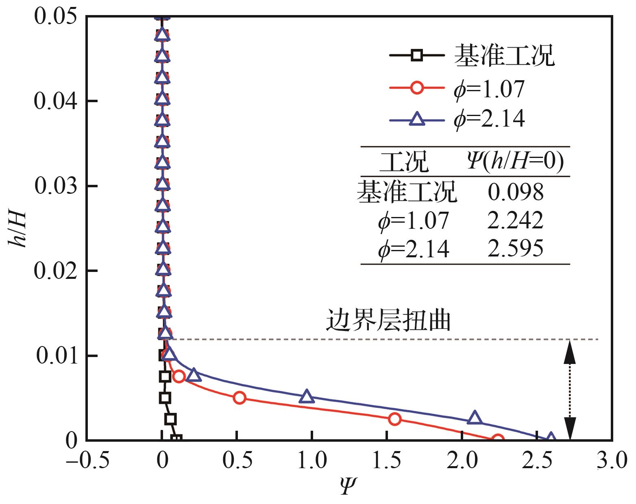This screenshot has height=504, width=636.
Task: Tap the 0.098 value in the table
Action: point(515,192)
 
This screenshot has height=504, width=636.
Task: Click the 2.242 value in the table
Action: point(515,220)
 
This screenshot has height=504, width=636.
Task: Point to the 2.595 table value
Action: point(515,248)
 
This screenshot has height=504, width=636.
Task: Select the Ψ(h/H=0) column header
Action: point(515,162)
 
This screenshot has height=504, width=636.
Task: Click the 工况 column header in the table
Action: point(403,162)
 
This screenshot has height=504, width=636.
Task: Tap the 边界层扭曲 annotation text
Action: point(388,321)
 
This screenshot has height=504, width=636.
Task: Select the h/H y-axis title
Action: point(17,229)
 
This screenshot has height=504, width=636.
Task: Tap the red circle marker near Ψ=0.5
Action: point(240,398)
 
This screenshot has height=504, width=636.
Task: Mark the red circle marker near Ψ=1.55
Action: point(394,419)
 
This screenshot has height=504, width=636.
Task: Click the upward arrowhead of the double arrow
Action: point(570,353)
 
